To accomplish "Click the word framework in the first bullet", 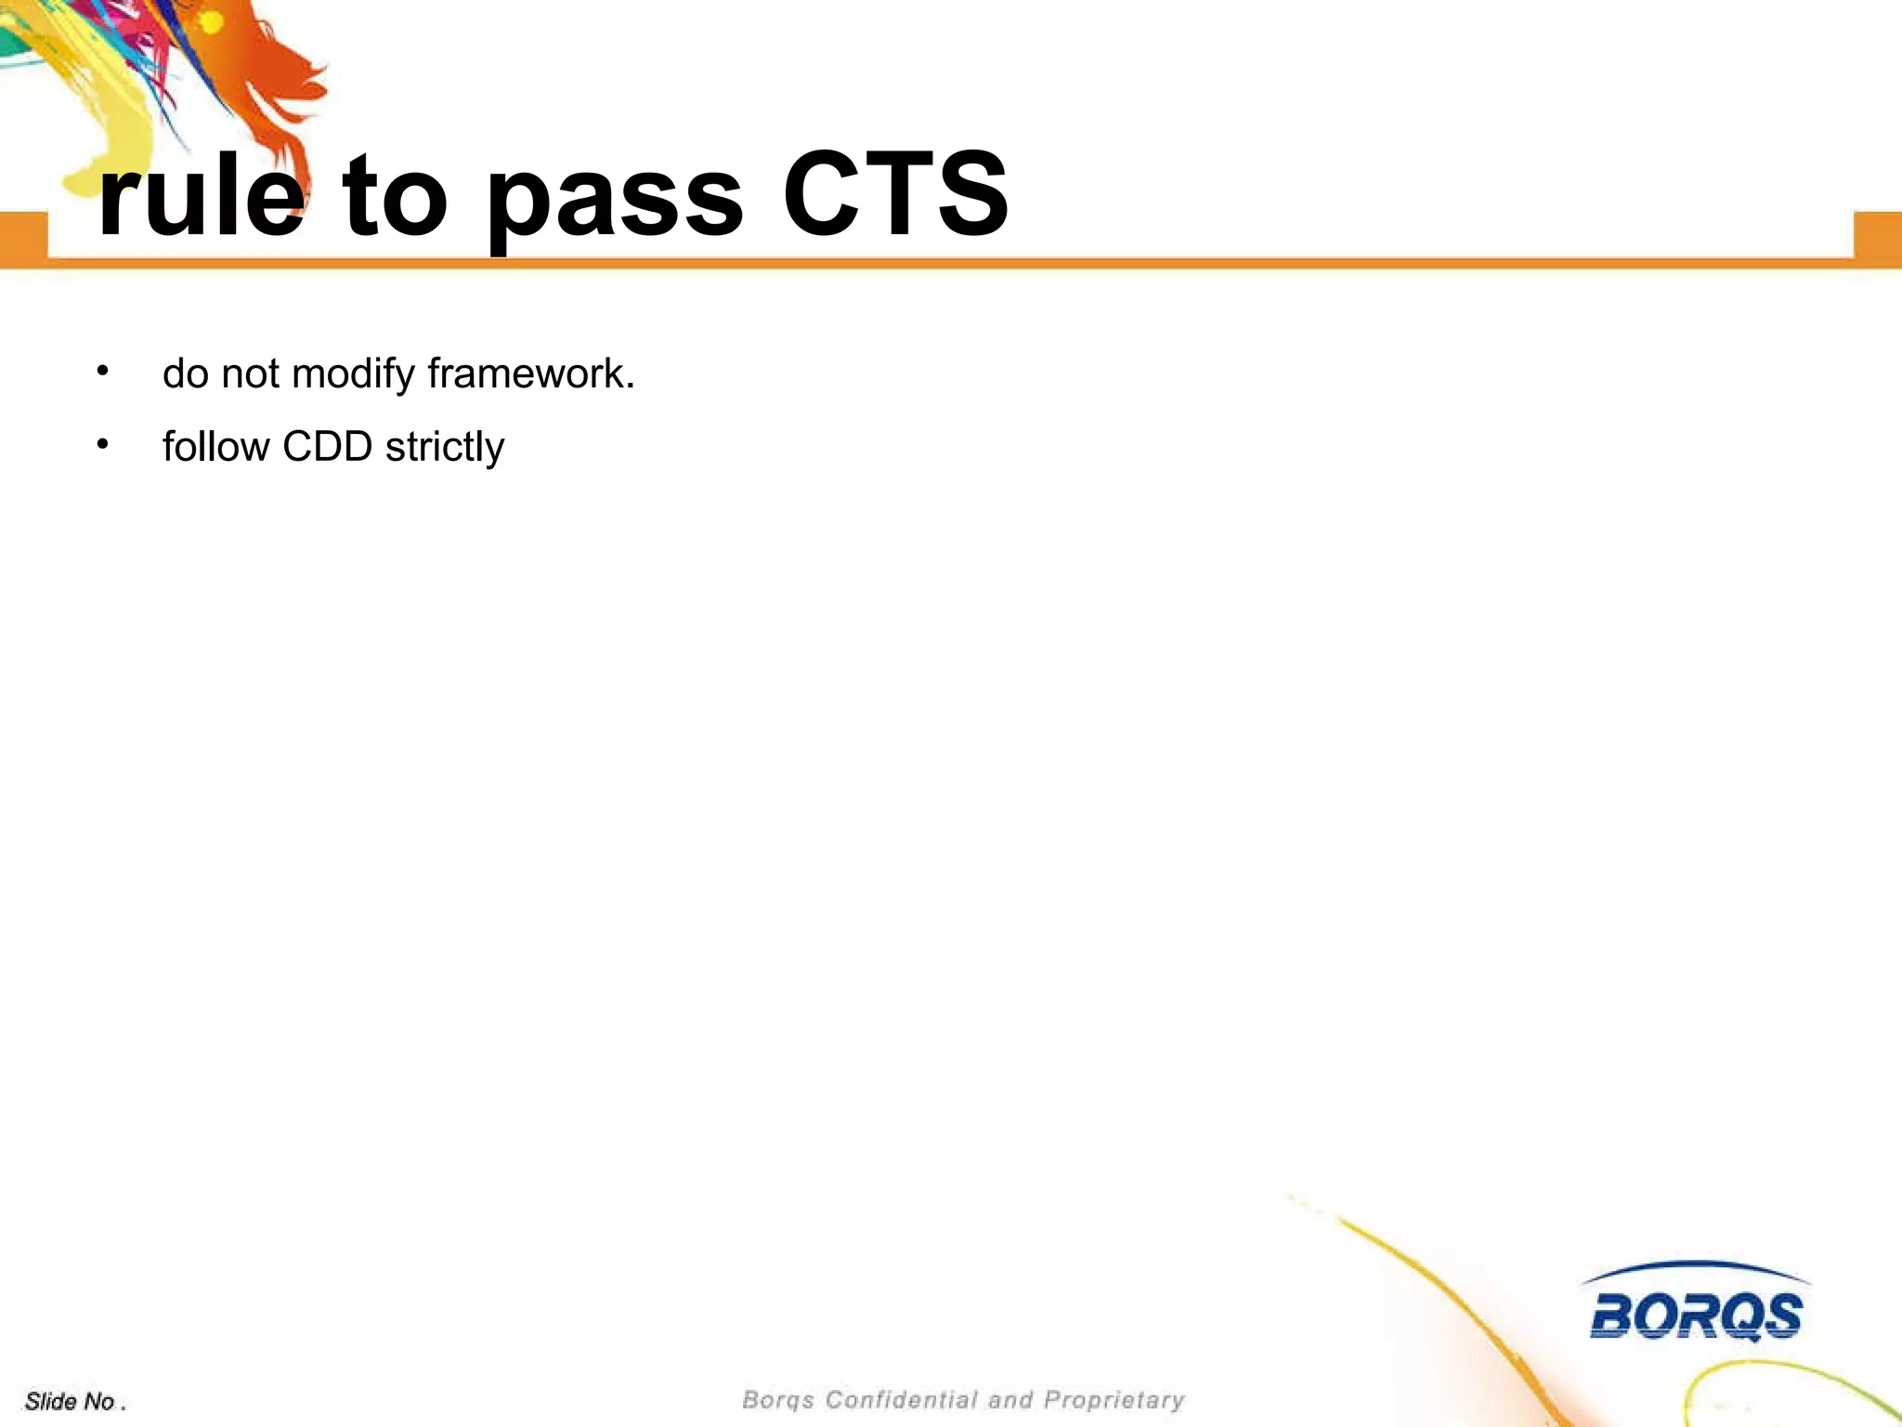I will [x=530, y=373].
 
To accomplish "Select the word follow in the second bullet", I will [x=215, y=447].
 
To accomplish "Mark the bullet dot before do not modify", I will [x=102, y=372].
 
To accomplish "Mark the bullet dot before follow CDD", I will [x=102, y=444].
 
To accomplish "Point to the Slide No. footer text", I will [x=75, y=1401].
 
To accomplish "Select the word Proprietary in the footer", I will [x=1114, y=1399].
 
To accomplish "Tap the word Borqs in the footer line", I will [x=777, y=1399].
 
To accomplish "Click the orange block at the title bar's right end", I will [x=1877, y=236].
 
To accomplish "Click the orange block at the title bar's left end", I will [x=23, y=236].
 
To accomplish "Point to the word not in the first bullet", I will [x=250, y=374].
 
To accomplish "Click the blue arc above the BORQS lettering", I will [x=1696, y=1265].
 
